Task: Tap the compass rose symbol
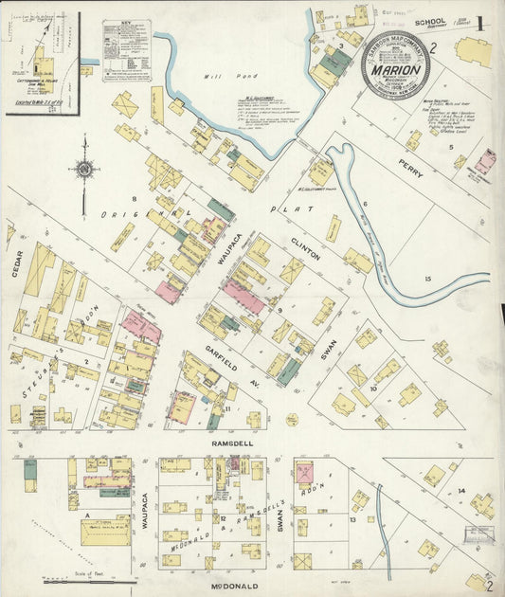(x=84, y=170)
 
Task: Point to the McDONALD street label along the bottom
(x=231, y=587)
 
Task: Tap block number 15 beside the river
(x=427, y=278)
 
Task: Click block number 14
(x=461, y=490)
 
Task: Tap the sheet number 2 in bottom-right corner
(x=488, y=585)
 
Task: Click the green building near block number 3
(x=334, y=63)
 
